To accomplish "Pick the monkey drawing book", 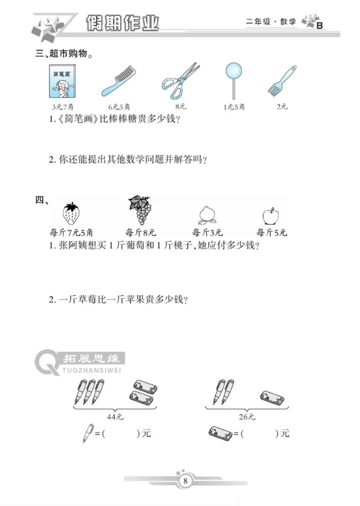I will (62, 81).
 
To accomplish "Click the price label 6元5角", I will (119, 107).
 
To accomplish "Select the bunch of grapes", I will (140, 210).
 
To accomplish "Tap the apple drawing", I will (270, 216).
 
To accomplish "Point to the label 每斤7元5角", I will (71, 233).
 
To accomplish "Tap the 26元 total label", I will (247, 417).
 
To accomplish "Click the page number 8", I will (185, 481).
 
